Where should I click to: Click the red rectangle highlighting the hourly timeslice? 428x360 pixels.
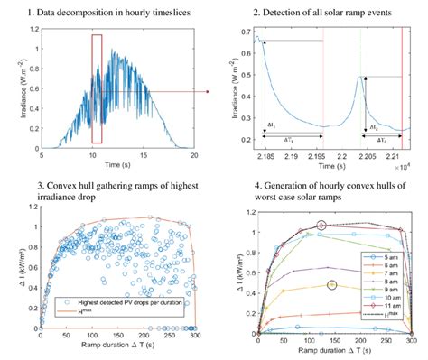pyautogui.click(x=97, y=89)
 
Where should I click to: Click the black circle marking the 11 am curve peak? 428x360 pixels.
pyautogui.click(x=322, y=225)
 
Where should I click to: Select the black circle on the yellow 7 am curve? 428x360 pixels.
pyautogui.click(x=331, y=284)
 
